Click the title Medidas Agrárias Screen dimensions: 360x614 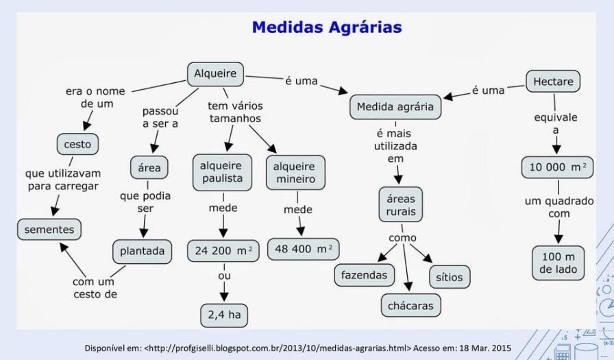(x=326, y=27)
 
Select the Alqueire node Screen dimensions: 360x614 (x=215, y=74)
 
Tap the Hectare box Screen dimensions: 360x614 (x=552, y=82)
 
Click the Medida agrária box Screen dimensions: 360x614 (x=395, y=107)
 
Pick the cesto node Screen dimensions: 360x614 (x=77, y=145)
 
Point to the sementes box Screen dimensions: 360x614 (x=49, y=230)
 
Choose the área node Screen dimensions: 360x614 (x=149, y=167)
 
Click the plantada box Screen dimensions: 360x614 (x=143, y=251)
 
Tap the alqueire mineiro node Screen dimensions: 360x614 (x=295, y=172)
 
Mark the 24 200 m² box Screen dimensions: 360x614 (x=223, y=251)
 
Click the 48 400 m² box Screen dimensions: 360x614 (x=303, y=249)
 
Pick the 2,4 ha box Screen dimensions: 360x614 (x=224, y=315)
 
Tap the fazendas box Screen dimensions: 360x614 (x=365, y=275)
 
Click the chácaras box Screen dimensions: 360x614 (x=410, y=305)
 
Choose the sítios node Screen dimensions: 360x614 (x=450, y=277)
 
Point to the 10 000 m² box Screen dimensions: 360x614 (x=557, y=167)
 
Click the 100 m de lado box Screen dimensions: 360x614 (x=558, y=263)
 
